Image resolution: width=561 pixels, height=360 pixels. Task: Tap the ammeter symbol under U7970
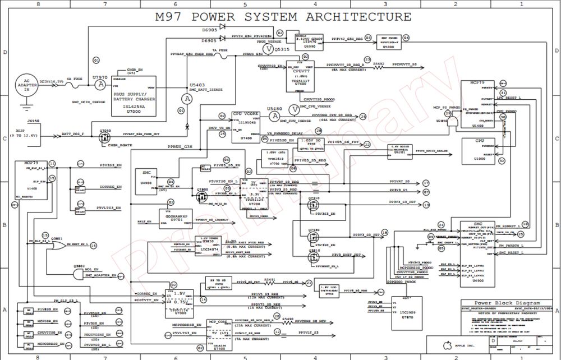100,85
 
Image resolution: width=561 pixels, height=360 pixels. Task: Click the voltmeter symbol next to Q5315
268,49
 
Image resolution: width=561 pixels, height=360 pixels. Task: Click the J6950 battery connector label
34,120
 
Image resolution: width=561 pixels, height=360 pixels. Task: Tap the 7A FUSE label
220,50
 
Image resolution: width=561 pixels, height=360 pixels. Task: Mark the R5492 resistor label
379,64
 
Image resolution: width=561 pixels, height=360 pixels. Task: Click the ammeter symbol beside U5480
274,116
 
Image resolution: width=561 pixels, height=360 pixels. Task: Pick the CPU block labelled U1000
480,149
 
